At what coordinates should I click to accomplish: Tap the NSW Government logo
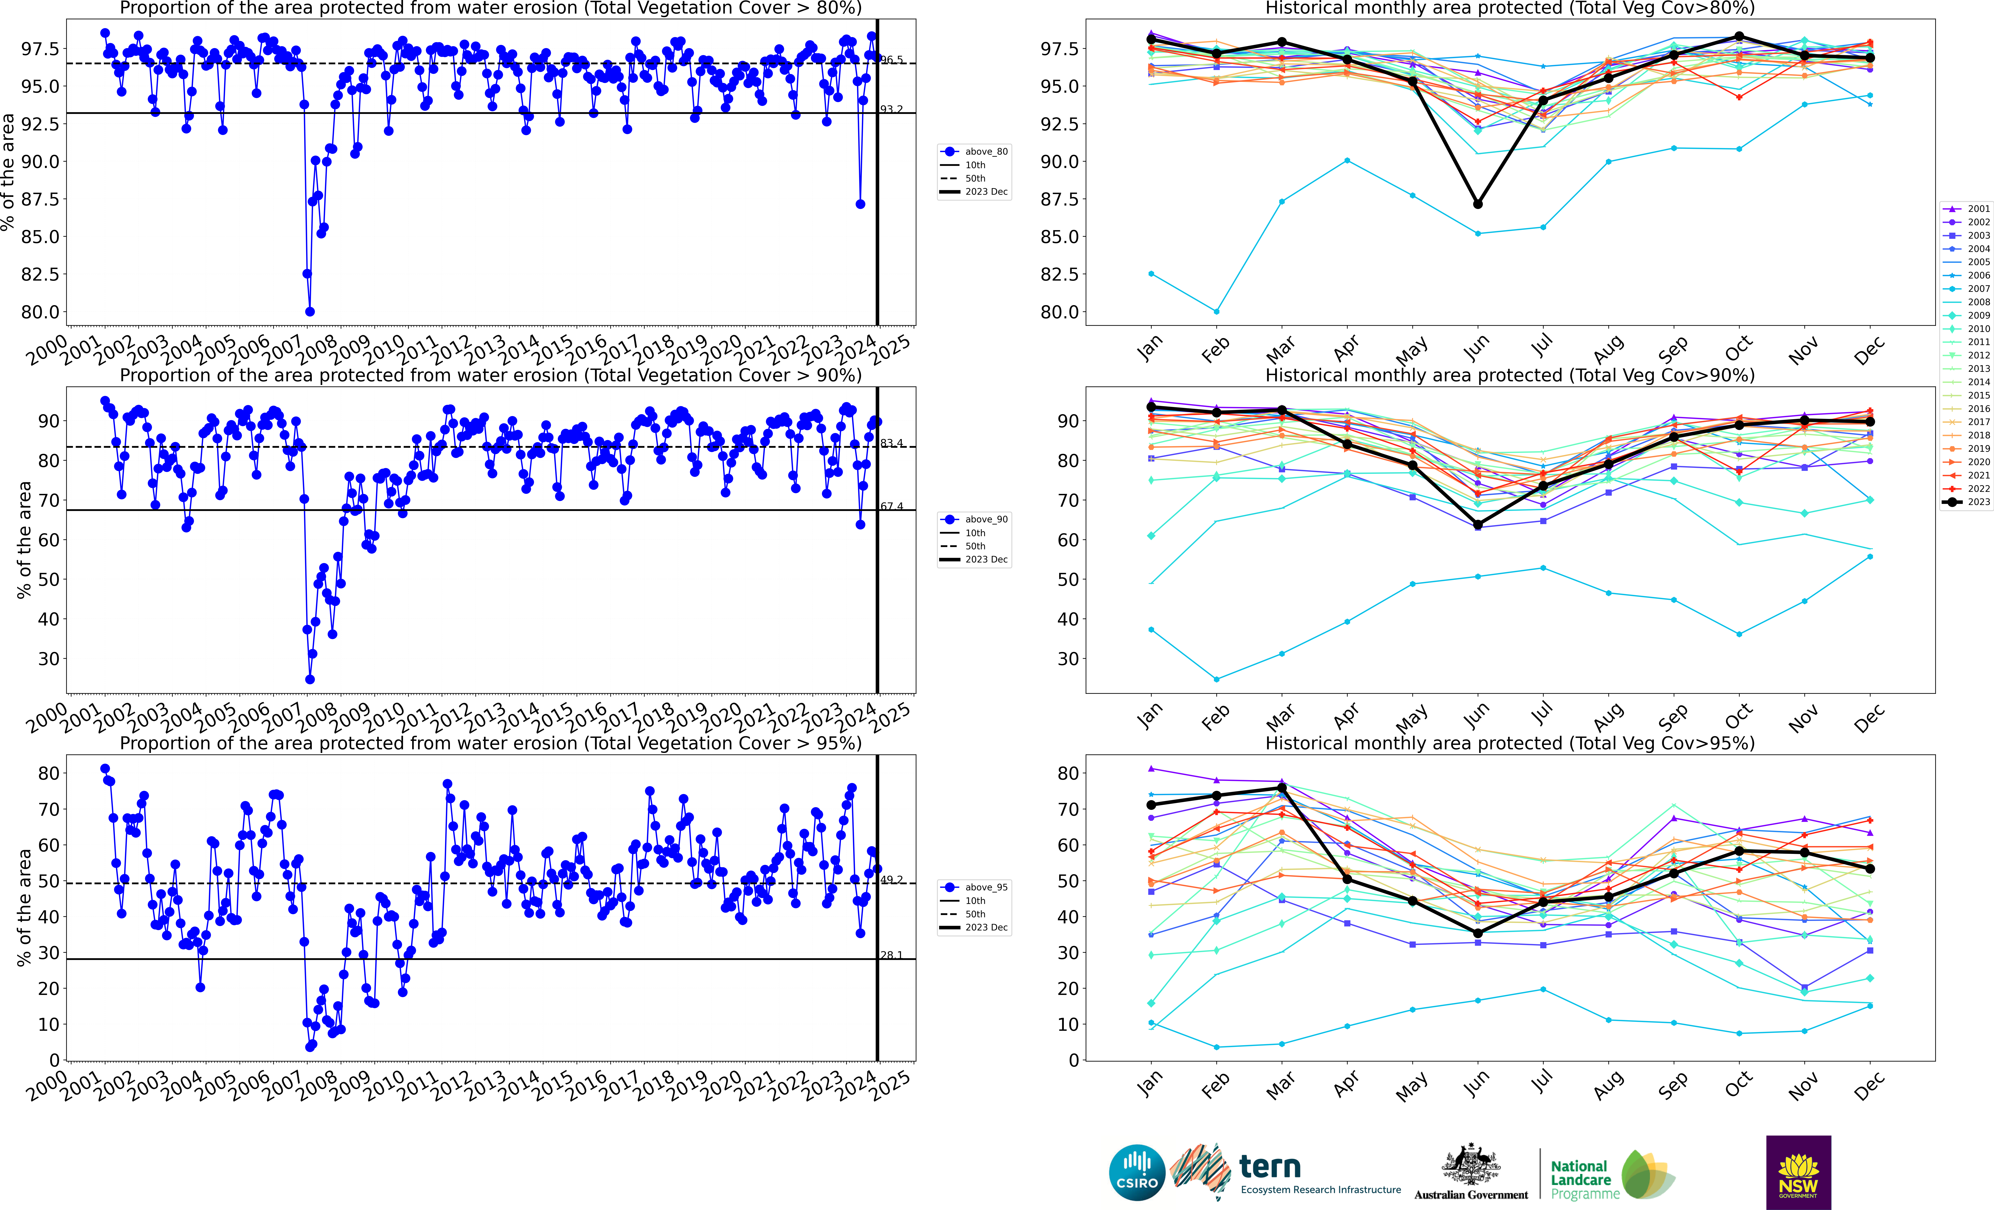click(x=1798, y=1172)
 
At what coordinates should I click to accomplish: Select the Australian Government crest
click(x=1470, y=1165)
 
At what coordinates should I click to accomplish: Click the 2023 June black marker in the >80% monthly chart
click(x=1478, y=204)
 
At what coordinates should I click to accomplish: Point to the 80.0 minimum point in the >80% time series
click(x=310, y=312)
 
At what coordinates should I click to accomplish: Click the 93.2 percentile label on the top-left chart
click(x=891, y=109)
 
